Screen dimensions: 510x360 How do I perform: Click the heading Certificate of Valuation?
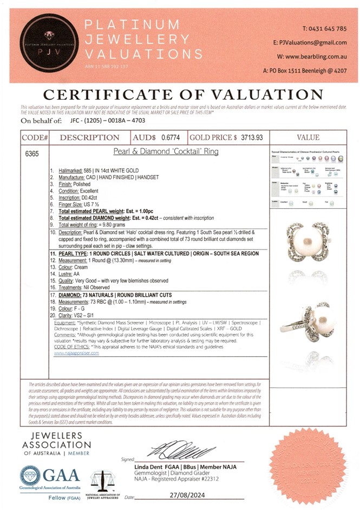(179, 94)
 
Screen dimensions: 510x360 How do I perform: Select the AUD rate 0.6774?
(172, 138)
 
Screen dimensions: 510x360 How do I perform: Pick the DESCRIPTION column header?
(89, 138)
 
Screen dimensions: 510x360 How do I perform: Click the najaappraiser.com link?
(76, 353)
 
